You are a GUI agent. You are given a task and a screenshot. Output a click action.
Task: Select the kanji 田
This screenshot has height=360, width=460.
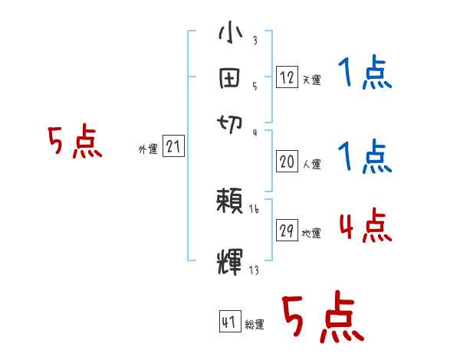coord(231,77)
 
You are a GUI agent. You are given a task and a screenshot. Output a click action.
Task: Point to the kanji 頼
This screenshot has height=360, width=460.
coord(231,203)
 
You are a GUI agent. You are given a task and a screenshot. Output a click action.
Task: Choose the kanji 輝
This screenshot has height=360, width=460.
coord(231,260)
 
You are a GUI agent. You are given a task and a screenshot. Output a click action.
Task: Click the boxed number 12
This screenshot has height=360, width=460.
coord(287,77)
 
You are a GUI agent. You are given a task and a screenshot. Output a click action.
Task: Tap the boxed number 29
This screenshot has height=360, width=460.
coord(287,230)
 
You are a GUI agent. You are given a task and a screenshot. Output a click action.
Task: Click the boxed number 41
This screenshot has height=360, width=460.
coord(229,321)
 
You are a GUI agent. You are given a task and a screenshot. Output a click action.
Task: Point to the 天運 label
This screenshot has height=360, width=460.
coord(311,80)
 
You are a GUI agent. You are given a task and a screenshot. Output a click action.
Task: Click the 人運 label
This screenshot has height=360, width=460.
coord(311,163)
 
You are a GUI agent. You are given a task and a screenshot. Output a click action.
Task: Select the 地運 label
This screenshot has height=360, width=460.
coord(311,233)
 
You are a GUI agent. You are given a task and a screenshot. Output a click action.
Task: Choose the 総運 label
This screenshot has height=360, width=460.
coord(255,324)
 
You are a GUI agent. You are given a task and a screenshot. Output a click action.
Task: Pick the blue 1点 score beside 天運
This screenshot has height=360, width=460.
coord(365,75)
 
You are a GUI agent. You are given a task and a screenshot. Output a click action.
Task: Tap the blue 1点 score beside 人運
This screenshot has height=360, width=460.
coord(365,157)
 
